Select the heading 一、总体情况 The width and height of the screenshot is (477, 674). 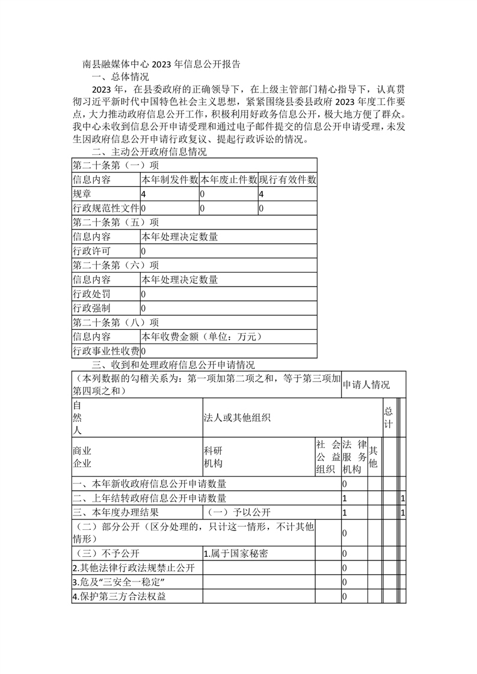click(120, 77)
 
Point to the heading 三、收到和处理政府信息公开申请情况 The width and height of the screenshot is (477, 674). click(173, 365)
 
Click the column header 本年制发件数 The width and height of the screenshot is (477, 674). click(169, 179)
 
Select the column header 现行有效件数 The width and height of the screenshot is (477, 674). click(287, 179)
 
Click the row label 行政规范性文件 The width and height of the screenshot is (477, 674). click(105, 208)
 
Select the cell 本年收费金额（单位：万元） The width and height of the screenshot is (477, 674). click(202, 337)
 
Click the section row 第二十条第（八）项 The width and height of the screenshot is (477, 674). click(116, 323)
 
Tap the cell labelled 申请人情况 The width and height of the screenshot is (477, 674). click(366, 384)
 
